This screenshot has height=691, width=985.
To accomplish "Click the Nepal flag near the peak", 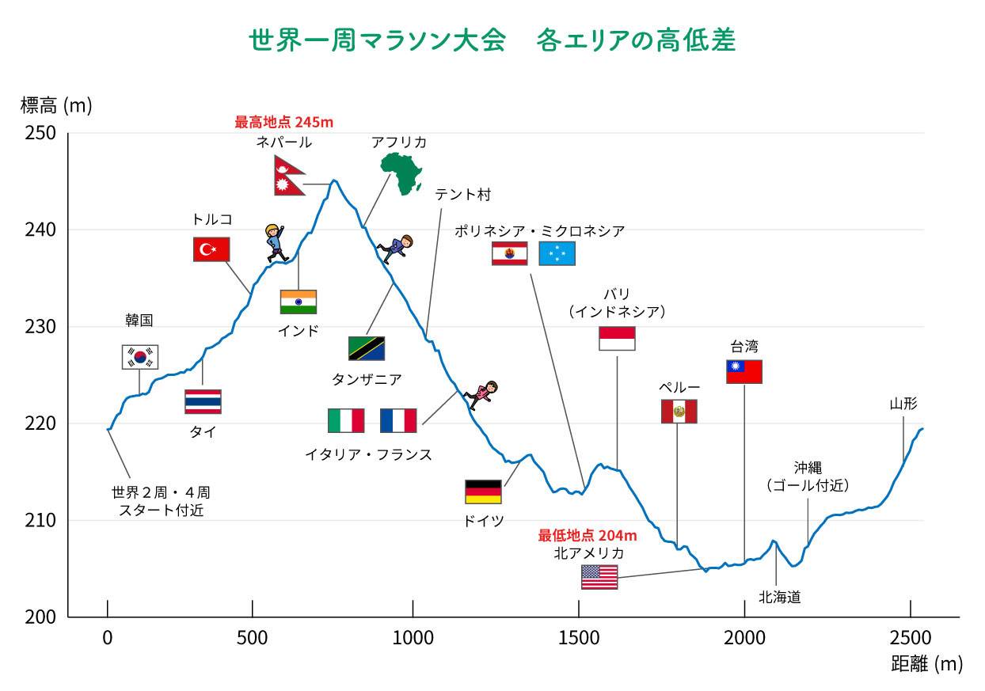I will [289, 176].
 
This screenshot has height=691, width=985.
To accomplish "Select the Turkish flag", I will [211, 249].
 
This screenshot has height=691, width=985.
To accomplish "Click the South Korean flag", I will [140, 357].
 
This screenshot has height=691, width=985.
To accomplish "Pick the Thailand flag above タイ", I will [203, 401].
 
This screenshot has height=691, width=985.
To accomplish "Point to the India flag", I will [299, 302].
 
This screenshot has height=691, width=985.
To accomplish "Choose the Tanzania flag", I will [367, 348].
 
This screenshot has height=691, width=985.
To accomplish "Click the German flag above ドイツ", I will [483, 492].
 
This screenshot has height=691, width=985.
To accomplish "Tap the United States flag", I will [599, 577].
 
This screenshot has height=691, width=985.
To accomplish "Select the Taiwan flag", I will [744, 371].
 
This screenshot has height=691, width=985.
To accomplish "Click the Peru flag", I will [679, 412].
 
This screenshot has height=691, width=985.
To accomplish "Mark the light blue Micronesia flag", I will [557, 253].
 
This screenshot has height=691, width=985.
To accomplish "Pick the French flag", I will [398, 420].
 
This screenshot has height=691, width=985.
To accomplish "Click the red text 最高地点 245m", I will [284, 123].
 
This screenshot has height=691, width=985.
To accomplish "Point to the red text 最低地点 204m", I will [588, 535].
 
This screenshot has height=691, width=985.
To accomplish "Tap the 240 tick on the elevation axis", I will [44, 230].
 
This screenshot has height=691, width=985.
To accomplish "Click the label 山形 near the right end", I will [903, 404].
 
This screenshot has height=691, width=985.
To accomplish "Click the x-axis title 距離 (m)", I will [926, 664].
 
